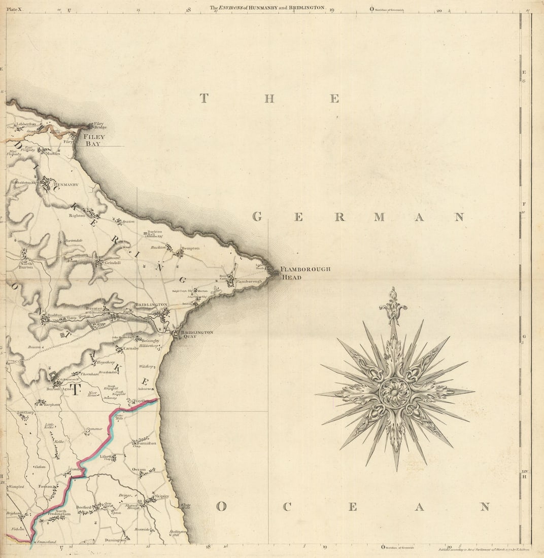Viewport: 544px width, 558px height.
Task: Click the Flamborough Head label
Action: [305, 273]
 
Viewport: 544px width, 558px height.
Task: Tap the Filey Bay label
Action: [94, 140]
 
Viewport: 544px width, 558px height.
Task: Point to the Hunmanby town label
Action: [66, 185]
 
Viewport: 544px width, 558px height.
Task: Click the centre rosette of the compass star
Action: [394, 392]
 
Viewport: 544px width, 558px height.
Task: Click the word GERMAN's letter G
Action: [257, 217]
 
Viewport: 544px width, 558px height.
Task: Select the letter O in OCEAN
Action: [221, 506]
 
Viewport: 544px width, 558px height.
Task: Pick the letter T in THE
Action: [204, 98]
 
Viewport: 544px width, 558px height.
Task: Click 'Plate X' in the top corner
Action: [15, 9]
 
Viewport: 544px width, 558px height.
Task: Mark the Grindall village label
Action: [112, 263]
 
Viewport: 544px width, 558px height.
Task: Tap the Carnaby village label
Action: [131, 349]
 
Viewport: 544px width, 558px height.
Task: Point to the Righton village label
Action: [77, 216]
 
